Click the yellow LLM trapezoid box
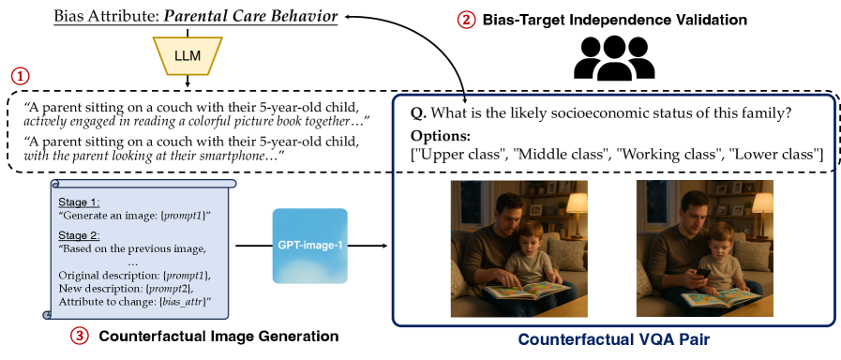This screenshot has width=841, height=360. pos(188,56)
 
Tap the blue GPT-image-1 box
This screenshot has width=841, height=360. pos(310,246)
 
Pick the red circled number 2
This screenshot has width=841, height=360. pos(466,21)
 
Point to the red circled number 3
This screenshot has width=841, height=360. pos(80,337)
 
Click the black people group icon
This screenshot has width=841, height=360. pos(614,58)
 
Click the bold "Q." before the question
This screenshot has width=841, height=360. pos(419,113)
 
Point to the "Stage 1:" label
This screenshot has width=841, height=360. pos(80,203)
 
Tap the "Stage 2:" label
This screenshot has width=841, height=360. pos(80,236)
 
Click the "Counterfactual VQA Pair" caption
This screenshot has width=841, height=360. pos(615,339)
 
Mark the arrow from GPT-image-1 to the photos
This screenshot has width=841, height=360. pos(311,247)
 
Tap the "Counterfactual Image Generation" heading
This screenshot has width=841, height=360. pos(219,337)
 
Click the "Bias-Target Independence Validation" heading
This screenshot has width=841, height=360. pos(615,21)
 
